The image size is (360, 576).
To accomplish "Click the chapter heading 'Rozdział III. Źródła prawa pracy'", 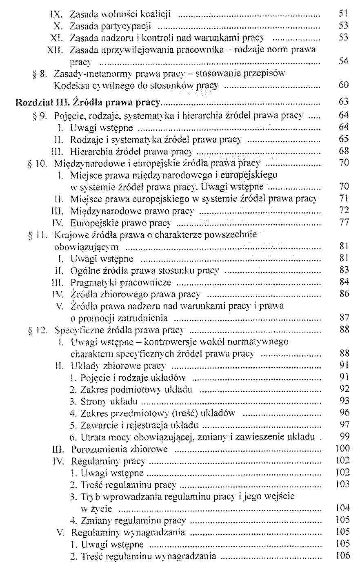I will coord(88,102).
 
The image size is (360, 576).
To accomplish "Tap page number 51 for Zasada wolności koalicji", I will coord(343,13).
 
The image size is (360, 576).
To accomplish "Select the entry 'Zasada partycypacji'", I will coord(111,26).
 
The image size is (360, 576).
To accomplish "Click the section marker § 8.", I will coord(40,74).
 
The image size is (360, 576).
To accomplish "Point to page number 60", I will coord(344,85).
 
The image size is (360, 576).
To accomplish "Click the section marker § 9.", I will coord(40,116).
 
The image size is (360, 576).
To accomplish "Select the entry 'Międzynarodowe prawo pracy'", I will coord(132,211).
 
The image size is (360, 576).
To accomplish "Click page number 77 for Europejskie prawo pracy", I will coord(344,223).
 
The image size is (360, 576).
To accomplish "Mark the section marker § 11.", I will coord(38,235).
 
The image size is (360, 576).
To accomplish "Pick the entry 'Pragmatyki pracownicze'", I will coord(121,282).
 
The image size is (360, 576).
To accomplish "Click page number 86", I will coord(344,293).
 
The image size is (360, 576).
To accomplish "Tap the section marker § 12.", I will coord(38,330).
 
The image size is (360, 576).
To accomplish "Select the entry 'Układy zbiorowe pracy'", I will coord(118,366).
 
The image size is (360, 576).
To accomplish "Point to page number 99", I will coord(344,437).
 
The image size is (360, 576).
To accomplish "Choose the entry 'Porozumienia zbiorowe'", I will coord(119,449).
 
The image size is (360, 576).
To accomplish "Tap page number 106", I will coord(342,556).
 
